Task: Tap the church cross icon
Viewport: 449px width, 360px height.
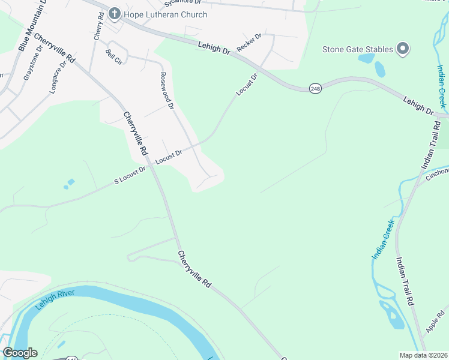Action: pos(114,14)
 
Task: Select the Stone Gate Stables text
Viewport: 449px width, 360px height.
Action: pos(358,49)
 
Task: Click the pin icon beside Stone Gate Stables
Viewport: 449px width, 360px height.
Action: pos(403,49)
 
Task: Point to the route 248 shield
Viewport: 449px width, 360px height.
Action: pos(315,88)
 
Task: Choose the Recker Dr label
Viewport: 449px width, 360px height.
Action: pos(249,42)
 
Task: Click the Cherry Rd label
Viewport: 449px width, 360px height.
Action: pos(99,26)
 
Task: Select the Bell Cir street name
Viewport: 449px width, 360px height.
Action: pos(113,56)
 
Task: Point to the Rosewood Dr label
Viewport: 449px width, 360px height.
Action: pos(166,91)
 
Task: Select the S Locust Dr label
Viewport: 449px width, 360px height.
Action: pos(130,175)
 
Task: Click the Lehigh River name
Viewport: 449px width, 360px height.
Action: pos(53,299)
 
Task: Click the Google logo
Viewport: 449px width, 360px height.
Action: pos(20,353)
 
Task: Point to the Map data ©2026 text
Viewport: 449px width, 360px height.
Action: pos(423,355)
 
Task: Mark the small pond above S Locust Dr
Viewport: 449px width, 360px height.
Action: pos(71,182)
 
